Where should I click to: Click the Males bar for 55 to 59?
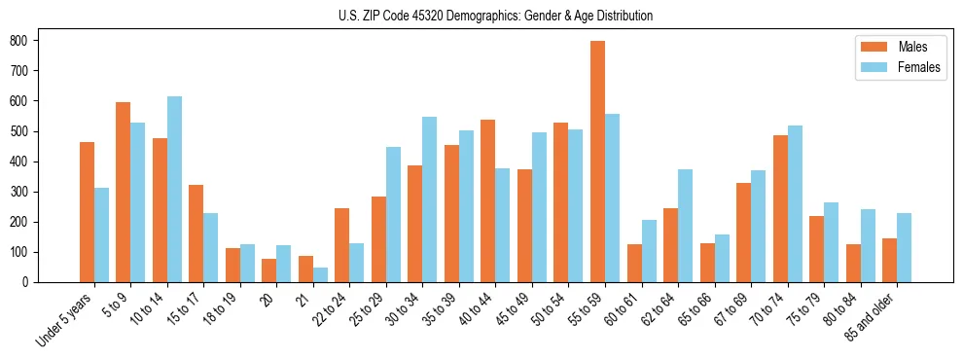pyautogui.click(x=597, y=162)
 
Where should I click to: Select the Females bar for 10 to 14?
pyautogui.click(x=174, y=189)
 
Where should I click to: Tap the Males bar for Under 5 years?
pyautogui.click(x=87, y=212)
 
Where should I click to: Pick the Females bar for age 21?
pyautogui.click(x=320, y=274)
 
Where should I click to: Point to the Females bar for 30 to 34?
pyautogui.click(x=430, y=199)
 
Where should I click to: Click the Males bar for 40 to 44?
pyautogui.click(x=488, y=200)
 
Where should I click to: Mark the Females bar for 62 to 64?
pyautogui.click(x=685, y=226)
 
